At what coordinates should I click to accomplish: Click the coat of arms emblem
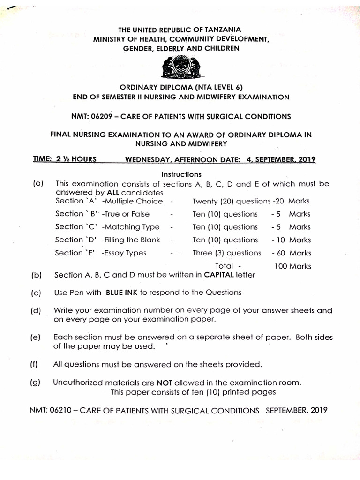click(180, 69)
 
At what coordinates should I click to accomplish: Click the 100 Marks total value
click(292, 266)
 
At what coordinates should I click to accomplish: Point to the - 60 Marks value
click(291, 253)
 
